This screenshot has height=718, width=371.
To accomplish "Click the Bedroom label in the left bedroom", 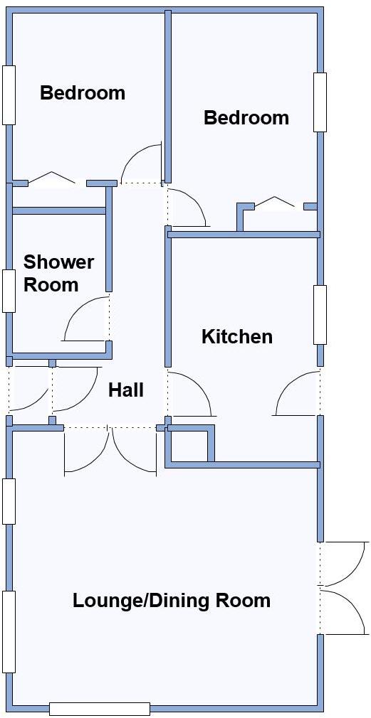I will pos(83,93).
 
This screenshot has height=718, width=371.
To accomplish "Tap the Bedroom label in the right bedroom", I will pos(246,117).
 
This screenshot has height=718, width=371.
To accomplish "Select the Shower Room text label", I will pos(58,274).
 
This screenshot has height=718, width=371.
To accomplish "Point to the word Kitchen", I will pos(237,336).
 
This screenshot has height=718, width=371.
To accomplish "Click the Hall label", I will pos(126,390).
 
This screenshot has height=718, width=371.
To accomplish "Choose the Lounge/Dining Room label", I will pos(172,601).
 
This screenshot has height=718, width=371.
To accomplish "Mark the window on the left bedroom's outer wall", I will pos(9,95).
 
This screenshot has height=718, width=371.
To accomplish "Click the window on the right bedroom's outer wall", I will pos(320,102).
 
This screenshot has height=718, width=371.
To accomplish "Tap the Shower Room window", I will pos(9,291).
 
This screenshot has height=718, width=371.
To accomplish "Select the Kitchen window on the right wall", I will pos(320,315).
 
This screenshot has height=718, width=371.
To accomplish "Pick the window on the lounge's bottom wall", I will pos(100,709).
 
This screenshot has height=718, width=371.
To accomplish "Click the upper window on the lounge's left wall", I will pos(9,501).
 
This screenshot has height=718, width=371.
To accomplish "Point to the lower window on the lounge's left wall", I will pos(9,631).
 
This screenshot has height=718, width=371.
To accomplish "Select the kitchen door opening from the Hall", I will pos(189,395).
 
